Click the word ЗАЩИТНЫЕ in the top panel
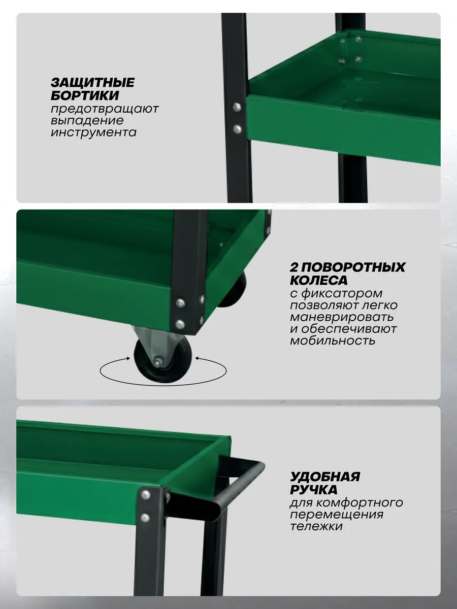click(93, 83)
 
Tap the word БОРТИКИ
click(85, 95)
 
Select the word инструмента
click(93, 132)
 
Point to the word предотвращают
click(105, 109)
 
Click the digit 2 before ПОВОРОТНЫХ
click(294, 267)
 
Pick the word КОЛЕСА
click(319, 280)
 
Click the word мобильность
click(333, 340)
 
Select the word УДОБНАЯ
click(325, 477)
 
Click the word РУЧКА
click(313, 490)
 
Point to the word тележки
click(316, 526)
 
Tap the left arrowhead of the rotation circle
click(128, 358)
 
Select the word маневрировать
click(342, 317)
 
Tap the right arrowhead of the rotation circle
click(198, 358)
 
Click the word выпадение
click(87, 121)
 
